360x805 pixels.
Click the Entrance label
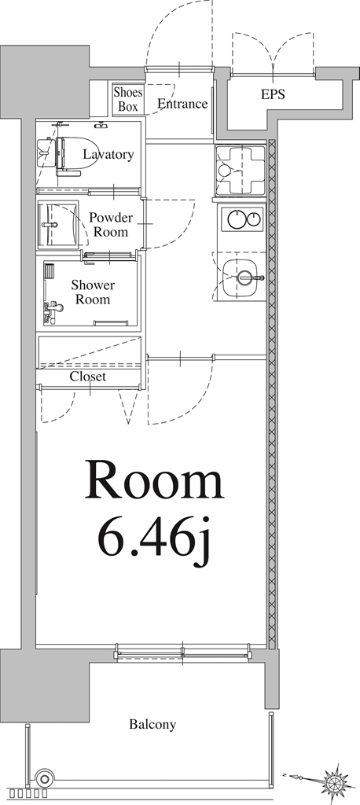tap(182, 104)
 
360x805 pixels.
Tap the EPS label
tap(273, 94)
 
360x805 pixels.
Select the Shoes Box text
tap(128, 99)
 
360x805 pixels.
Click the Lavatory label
tap(108, 154)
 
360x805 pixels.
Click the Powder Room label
tap(110, 224)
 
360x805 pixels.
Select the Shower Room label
tap(93, 292)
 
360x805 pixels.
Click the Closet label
tap(88, 377)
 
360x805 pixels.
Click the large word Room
tap(154, 482)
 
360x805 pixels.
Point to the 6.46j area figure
tap(155, 542)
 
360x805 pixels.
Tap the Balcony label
tap(152, 724)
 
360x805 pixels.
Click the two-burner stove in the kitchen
tap(243, 219)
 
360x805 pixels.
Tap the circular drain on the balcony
tap(44, 779)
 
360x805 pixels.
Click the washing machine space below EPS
tap(239, 169)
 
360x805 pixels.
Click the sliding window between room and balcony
tap(182, 652)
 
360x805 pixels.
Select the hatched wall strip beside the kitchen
tap(272, 393)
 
